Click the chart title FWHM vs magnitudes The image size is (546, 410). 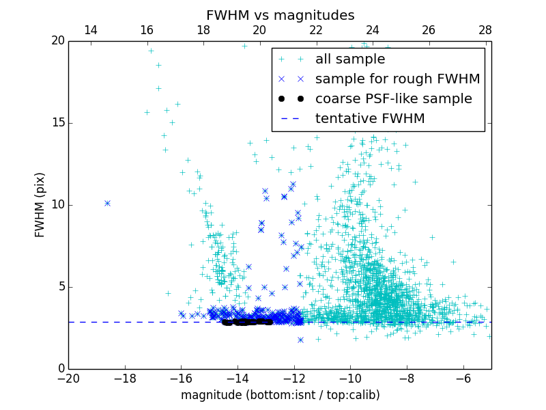[280, 15]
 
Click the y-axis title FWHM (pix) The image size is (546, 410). [40, 204]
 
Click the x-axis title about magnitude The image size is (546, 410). [280, 395]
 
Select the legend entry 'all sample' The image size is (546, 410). [349, 59]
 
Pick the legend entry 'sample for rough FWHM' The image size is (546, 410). [397, 79]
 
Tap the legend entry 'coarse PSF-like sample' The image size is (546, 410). [393, 99]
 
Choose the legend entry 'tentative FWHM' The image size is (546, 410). [370, 119]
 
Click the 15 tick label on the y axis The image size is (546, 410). [59, 123]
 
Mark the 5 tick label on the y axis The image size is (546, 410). [61, 287]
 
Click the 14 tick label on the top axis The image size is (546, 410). [91, 30]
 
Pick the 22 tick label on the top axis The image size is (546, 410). [316, 30]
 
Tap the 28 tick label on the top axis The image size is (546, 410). [485, 30]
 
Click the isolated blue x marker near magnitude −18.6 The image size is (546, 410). [107, 203]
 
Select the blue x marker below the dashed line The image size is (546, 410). [300, 340]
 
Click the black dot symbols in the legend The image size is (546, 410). [291, 99]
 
